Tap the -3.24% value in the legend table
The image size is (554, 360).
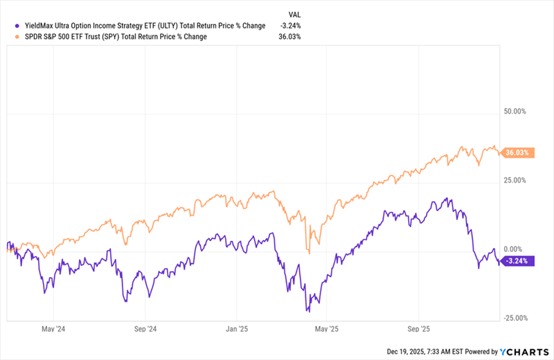click(290, 26)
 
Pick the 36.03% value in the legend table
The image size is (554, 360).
click(290, 36)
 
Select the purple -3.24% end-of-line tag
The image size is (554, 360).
click(517, 261)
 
